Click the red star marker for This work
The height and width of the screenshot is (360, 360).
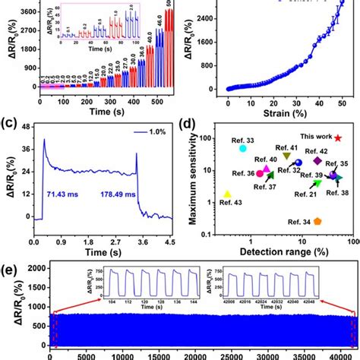[337, 138]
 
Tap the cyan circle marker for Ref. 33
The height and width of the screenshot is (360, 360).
[242, 148]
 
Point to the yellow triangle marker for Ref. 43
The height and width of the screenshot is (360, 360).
[227, 194]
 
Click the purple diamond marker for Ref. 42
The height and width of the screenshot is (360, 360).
[317, 161]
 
